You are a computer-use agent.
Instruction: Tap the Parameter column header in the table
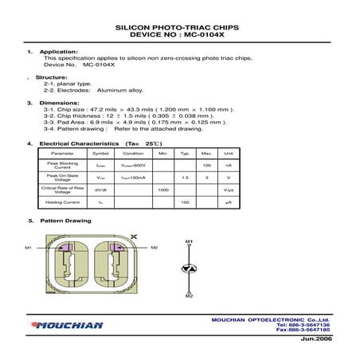pos(62,153)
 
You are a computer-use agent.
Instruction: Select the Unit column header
pos(228,153)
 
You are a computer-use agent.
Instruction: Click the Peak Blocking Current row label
pos(62,165)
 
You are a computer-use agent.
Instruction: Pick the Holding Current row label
pos(62,203)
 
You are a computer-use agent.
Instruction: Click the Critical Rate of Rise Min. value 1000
pos(163,190)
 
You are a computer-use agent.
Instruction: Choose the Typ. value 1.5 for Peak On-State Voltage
pos(184,178)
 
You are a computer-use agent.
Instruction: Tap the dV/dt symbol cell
pos(101,190)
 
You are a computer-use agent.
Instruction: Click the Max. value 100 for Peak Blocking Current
pos(206,165)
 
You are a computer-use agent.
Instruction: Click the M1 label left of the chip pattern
pos(28,248)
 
